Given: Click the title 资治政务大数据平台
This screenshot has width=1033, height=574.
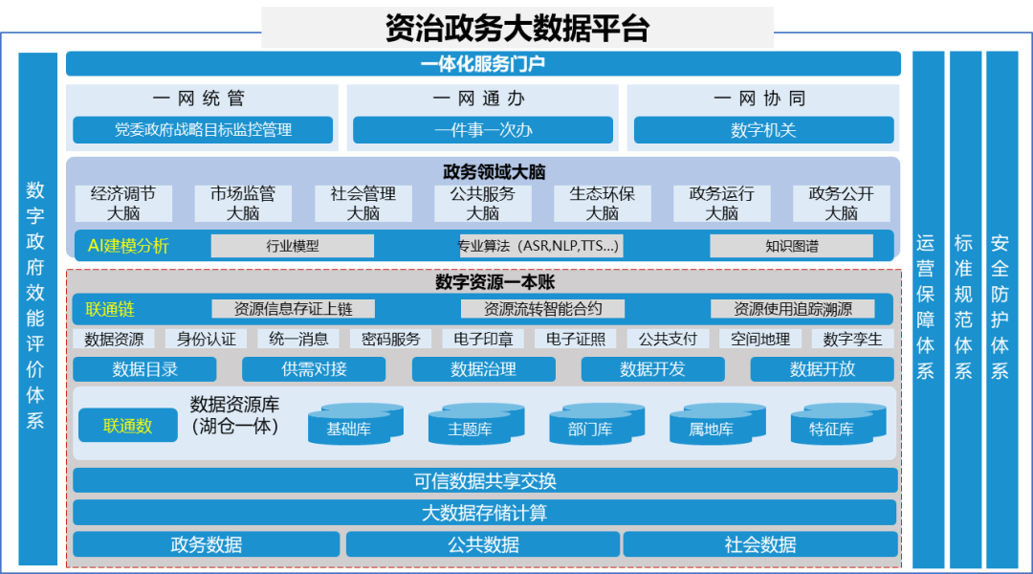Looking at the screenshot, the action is point(516,28).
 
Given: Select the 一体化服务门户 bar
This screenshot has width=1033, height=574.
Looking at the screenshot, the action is point(483,64).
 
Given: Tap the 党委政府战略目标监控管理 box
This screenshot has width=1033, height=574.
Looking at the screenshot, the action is point(203,130).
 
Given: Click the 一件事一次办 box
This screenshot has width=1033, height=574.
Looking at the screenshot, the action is point(483,130).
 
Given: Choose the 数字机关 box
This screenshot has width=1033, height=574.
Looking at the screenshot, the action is point(763,130).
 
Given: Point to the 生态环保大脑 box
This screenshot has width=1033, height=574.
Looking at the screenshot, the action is point(603,204).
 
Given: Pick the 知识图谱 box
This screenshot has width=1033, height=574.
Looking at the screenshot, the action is point(791,246).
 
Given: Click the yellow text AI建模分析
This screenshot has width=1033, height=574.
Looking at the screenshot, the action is point(128,246).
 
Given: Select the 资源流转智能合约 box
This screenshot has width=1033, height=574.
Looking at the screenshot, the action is point(542,309).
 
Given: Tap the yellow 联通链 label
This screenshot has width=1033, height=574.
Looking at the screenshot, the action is point(110,309).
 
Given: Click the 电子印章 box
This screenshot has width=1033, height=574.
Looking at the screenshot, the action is point(484,339).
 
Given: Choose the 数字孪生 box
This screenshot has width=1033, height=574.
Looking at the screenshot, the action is point(852,339).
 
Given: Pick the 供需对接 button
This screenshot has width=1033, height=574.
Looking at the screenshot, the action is point(314,369).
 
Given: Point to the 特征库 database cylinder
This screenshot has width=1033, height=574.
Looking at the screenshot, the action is point(831,427).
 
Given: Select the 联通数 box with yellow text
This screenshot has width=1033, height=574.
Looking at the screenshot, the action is point(128,426).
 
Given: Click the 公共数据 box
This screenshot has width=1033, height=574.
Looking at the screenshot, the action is point(483,544).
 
